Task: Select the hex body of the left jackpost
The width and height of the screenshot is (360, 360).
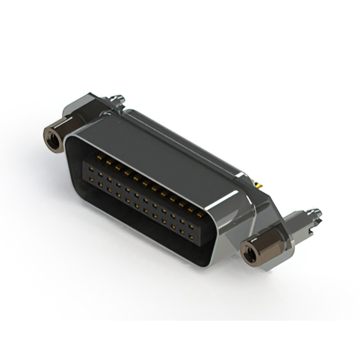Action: tap(58, 134)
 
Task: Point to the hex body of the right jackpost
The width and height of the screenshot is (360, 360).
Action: tap(258, 246)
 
